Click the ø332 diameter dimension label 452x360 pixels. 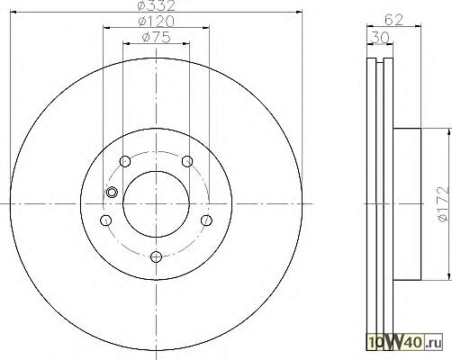pos(156,5)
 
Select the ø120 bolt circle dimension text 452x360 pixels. pos(156,22)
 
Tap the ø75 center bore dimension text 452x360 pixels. pos(156,37)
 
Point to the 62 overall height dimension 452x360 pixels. pos(393,20)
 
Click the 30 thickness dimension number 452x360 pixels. pos(380,38)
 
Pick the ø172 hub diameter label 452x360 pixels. pos(443,204)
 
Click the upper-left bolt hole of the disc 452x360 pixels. pos(125,161)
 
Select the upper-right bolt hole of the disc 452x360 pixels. pos(187,161)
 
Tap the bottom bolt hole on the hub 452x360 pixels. pos(156,256)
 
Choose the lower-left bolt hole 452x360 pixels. pos(105,220)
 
